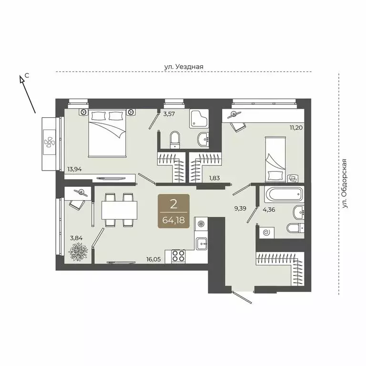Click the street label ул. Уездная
tap(183, 67)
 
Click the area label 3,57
tap(169, 114)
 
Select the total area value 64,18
tap(174, 221)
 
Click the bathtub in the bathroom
tap(283, 194)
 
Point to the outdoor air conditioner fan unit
tap(49, 142)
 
